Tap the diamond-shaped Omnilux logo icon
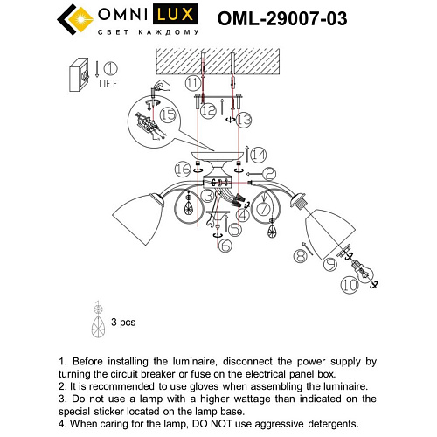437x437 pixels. click(x=73, y=21)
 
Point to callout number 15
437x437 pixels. click(x=168, y=114)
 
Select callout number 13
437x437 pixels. click(x=244, y=118)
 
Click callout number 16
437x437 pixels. click(x=182, y=167)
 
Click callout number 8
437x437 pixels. click(x=301, y=256)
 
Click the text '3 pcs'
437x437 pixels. click(x=123, y=323)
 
